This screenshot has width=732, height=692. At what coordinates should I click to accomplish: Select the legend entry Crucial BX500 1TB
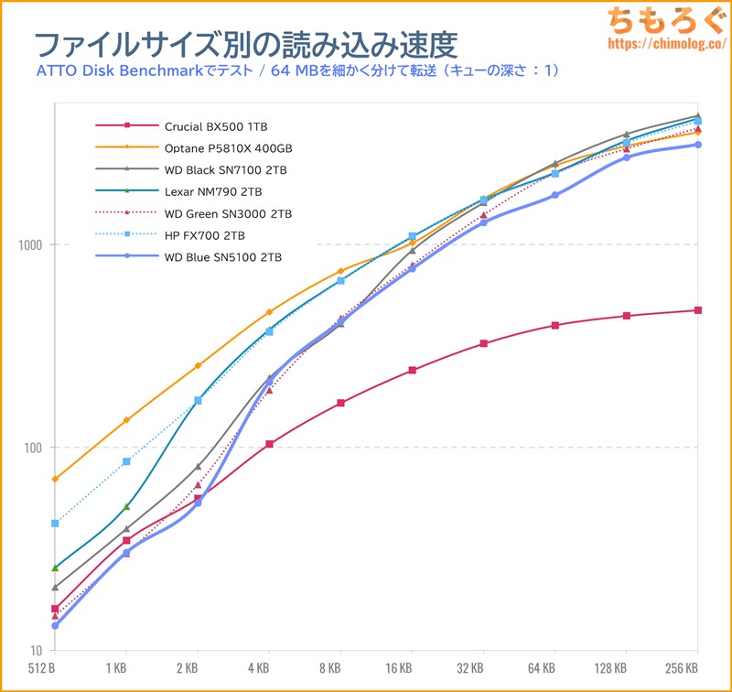coord(216,125)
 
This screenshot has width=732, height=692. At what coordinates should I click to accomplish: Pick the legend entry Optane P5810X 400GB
coord(228,147)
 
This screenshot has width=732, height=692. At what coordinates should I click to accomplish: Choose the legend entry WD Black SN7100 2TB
coord(228,169)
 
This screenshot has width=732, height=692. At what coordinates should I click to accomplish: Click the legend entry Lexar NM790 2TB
coord(213,191)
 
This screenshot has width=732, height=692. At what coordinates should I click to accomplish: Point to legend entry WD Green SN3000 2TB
coord(228,213)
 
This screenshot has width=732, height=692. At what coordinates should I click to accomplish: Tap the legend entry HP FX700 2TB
coord(205,235)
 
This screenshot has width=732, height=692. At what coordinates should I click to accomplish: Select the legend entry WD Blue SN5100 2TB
coord(223,257)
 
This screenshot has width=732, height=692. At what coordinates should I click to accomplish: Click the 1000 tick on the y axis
coord(30,244)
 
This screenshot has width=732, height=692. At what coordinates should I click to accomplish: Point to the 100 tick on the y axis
coord(33,448)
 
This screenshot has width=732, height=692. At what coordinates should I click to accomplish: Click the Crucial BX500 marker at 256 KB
coord(698,310)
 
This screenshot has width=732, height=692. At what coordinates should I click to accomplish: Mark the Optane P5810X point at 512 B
coord(55,479)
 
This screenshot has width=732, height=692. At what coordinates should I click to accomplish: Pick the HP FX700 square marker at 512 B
coord(55,524)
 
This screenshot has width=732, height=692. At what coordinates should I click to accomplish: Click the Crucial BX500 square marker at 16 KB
coord(412,370)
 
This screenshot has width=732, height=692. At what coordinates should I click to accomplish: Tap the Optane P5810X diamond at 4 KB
coord(269,312)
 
